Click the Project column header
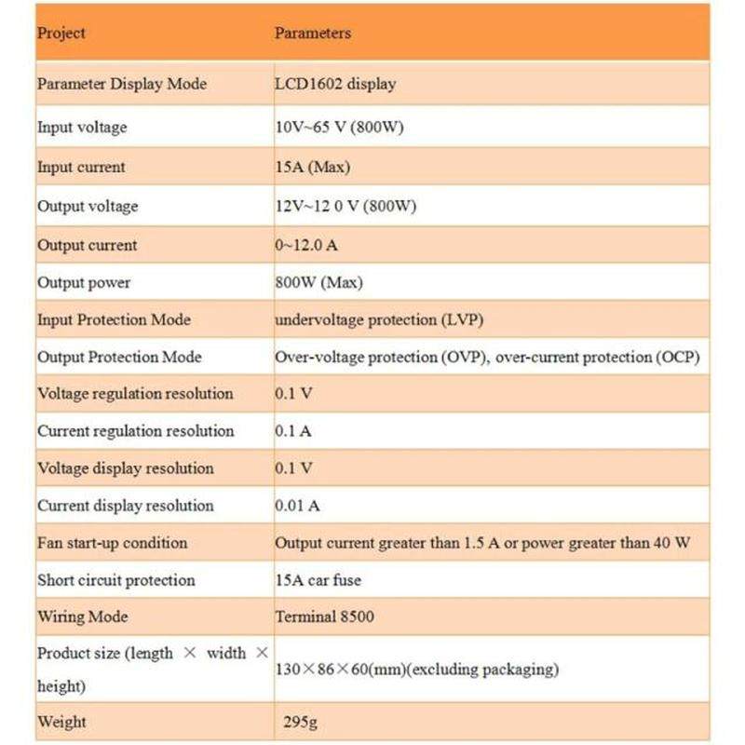coord(61,34)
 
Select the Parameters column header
coord(313,34)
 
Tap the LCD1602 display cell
coord(335,84)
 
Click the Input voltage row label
coord(82,127)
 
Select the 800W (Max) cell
coord(318,282)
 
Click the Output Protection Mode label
coord(119,357)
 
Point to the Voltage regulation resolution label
coord(135,394)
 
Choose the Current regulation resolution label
coord(135,431)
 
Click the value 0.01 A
coord(297,506)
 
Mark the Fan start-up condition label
coord(112,543)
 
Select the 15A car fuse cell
coord(318,580)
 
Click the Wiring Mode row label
coord(82,617)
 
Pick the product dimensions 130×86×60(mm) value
coord(416,670)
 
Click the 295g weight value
coord(303,722)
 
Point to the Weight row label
coord(61,722)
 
